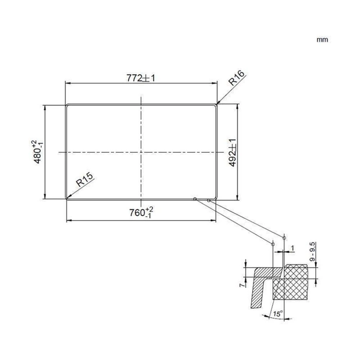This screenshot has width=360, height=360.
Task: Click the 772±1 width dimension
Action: point(141,78)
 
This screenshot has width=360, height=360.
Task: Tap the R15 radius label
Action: point(85,179)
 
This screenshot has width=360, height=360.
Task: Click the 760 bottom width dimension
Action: point(141,212)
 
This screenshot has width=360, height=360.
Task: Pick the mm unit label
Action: point(322,40)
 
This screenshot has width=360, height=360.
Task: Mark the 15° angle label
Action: point(278,314)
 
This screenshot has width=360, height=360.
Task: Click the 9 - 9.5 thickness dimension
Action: point(312,252)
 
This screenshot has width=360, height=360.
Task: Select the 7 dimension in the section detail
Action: point(242,285)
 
